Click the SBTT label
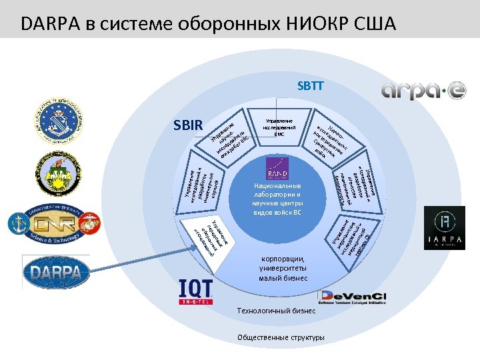pyautogui.click(x=311, y=86)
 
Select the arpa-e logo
pyautogui.click(x=424, y=90)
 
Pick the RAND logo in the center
pyautogui.click(x=277, y=169)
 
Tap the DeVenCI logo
pyautogui.click(x=354, y=297)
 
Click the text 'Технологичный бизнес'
pyautogui.click(x=277, y=310)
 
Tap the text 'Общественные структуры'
pyautogui.click(x=281, y=337)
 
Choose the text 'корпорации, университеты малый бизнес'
pyautogui.click(x=283, y=268)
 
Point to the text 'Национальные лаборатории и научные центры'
pyautogui.click(x=277, y=199)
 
